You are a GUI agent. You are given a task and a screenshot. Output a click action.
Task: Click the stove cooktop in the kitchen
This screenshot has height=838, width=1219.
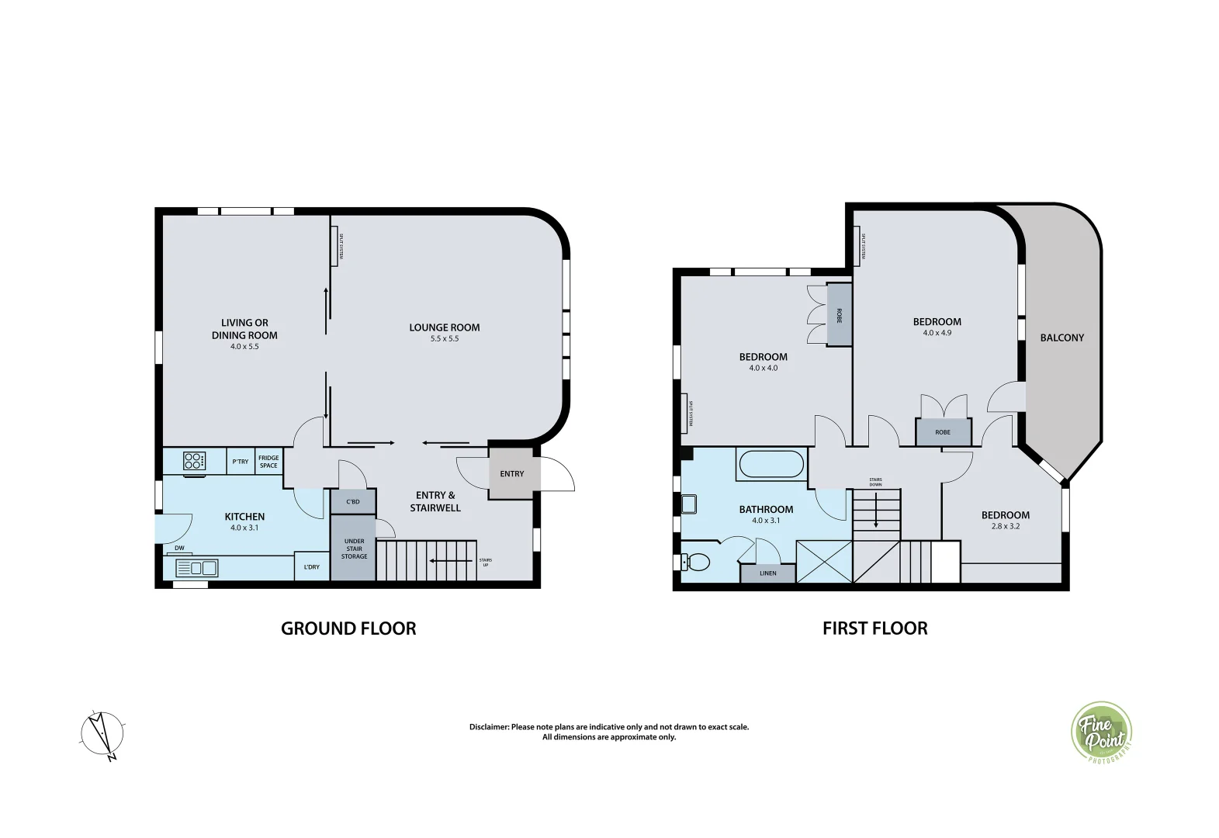point(194,461)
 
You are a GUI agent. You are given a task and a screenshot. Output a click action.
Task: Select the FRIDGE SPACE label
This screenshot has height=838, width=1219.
point(268,462)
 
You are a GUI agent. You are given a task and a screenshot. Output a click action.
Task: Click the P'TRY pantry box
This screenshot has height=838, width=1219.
point(241,462)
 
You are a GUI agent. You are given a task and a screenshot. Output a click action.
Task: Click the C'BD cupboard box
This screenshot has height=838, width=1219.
point(353,501)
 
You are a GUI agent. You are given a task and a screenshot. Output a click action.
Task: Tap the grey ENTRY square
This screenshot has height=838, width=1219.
point(511,473)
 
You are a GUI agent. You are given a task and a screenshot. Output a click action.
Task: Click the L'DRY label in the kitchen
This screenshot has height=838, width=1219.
point(311,566)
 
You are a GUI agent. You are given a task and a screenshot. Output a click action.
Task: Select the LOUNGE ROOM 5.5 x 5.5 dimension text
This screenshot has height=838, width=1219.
point(445,339)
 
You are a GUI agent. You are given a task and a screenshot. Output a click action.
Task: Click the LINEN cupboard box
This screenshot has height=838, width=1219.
point(767,573)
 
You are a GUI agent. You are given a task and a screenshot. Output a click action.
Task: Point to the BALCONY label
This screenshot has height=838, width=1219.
point(1061,338)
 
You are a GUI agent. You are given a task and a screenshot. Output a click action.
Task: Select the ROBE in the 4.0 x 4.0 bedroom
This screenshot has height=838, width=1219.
point(839,315)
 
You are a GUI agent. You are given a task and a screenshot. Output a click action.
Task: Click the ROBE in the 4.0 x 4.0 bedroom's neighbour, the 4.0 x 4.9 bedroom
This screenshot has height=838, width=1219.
point(942,431)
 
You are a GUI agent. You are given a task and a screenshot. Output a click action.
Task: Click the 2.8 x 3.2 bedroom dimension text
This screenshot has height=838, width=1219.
point(1005,526)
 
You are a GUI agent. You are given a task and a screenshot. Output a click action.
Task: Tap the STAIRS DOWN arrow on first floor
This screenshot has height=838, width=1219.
point(876,512)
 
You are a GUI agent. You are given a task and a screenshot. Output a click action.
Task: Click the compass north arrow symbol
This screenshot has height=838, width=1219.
point(102,733)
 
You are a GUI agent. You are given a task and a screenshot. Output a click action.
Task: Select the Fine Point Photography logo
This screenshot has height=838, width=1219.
point(1102,732)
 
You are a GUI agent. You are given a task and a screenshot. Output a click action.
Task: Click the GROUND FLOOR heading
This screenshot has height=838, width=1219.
point(348,628)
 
